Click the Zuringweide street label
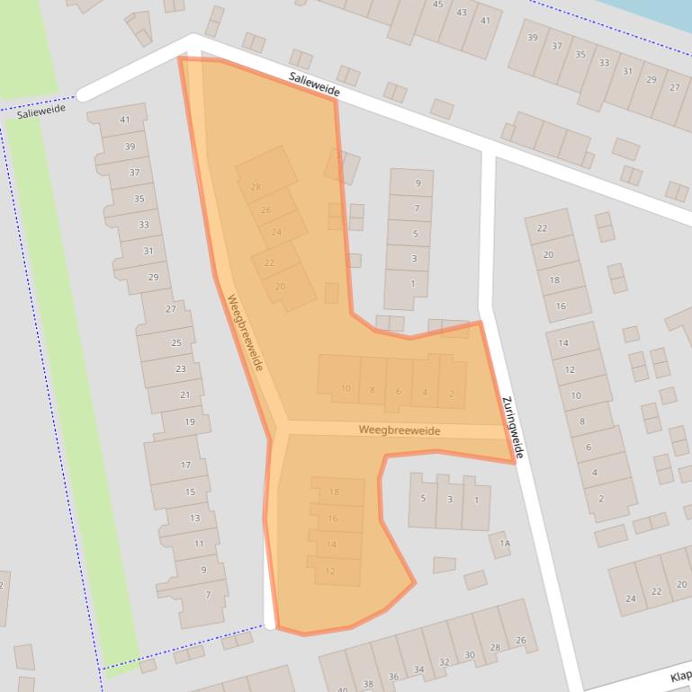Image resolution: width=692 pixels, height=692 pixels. (x=512, y=428)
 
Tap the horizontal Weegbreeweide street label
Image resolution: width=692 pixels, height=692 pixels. (x=400, y=430)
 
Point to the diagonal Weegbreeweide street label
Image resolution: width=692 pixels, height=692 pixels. (x=245, y=333)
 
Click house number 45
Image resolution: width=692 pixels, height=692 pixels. (x=438, y=4)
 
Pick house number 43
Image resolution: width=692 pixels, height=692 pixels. (x=462, y=13)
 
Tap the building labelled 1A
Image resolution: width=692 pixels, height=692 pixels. (x=505, y=543)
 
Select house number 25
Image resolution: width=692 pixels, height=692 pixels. (x=176, y=342)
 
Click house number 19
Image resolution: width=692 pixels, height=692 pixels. (x=190, y=421)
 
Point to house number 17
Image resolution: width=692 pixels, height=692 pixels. (x=186, y=465)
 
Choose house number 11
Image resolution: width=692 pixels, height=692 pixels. (x=200, y=544)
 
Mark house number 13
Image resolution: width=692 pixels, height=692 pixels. (x=195, y=518)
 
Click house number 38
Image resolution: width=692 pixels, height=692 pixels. (x=366, y=684)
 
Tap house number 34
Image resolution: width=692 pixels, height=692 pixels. (x=418, y=670)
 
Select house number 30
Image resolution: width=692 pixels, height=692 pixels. (x=470, y=655)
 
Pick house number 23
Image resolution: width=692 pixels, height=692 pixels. (x=181, y=368)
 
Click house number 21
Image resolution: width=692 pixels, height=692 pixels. (x=185, y=395)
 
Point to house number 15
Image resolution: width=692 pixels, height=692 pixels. (x=191, y=492)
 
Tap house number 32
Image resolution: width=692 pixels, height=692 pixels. (x=445, y=662)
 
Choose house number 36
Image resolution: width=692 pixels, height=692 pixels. (x=393, y=677)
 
